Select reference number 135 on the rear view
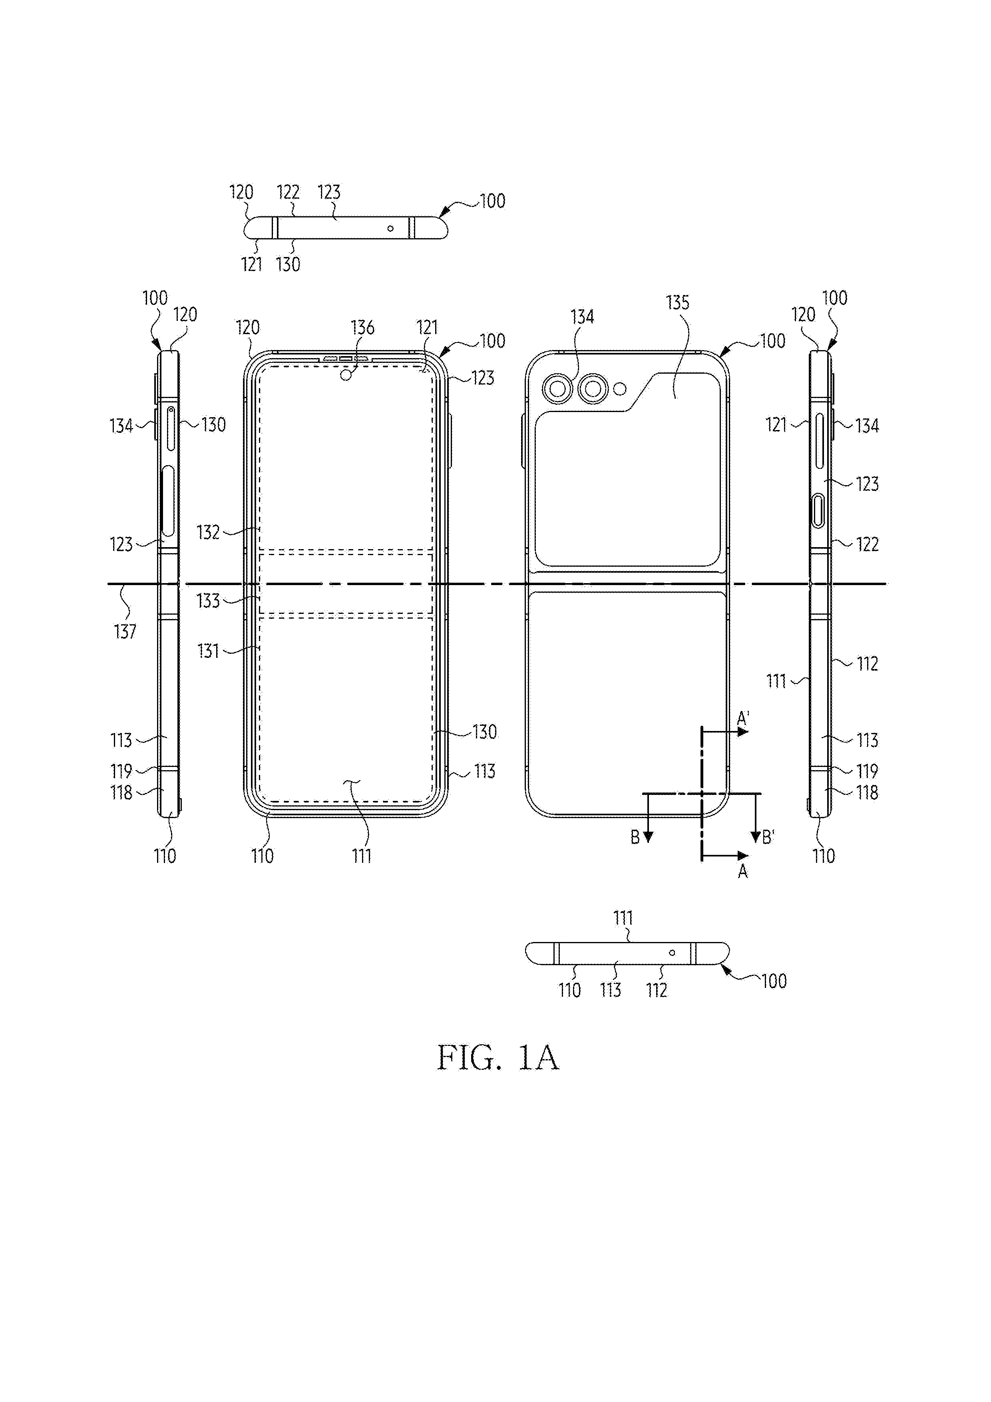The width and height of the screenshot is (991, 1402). pyautogui.click(x=678, y=303)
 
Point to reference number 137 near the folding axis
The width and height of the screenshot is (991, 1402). pyautogui.click(x=125, y=631)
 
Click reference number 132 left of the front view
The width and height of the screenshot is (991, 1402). pyautogui.click(x=208, y=532)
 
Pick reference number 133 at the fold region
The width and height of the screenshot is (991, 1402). pyautogui.click(x=208, y=601)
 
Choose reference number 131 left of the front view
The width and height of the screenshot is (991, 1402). pyautogui.click(x=208, y=651)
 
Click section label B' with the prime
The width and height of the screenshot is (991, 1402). pyautogui.click(x=768, y=837)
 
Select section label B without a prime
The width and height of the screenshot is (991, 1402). pyautogui.click(x=635, y=838)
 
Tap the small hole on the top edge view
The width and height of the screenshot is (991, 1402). pyautogui.click(x=390, y=229)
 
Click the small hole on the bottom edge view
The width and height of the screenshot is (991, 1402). pyautogui.click(x=672, y=952)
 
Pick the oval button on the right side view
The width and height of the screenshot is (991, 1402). pyautogui.click(x=818, y=512)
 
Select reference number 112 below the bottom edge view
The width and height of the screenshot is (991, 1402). pyautogui.click(x=657, y=990)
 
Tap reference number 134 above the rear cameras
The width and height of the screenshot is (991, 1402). pyautogui.click(x=583, y=317)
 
